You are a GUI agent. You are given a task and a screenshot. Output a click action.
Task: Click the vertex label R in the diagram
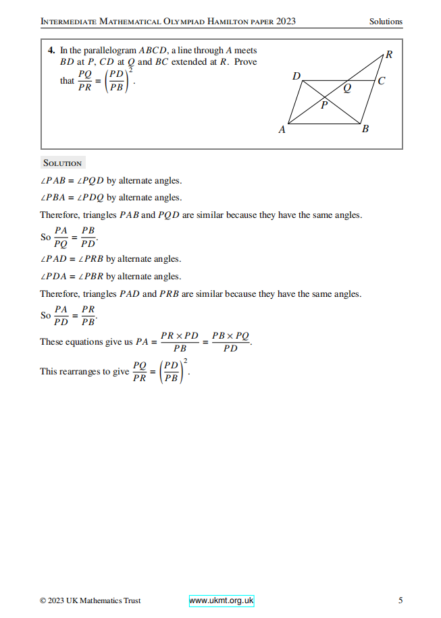[x=388, y=55]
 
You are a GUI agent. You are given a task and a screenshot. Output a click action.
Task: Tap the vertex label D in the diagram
[x=296, y=76]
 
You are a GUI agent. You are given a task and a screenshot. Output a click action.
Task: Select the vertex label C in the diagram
[x=382, y=82]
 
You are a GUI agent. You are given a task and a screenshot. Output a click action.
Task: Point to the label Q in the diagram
[x=347, y=88]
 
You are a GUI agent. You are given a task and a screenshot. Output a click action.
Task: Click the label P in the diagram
[x=323, y=105]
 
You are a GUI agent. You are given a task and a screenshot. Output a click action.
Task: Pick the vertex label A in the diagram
[x=282, y=130]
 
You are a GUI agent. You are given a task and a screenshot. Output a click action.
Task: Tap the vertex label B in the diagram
[x=365, y=129]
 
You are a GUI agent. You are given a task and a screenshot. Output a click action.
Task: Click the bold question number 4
[x=51, y=51]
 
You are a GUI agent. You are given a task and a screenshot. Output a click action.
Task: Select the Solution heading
[x=62, y=163]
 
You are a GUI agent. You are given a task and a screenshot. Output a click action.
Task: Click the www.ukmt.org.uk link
[x=222, y=600]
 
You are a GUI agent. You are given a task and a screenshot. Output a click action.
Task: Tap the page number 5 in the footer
[x=400, y=600]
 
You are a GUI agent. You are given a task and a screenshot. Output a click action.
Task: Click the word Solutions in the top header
[x=386, y=22]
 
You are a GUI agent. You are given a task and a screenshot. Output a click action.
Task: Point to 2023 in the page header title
[x=286, y=22]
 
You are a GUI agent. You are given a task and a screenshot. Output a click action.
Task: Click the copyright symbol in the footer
[x=43, y=600]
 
